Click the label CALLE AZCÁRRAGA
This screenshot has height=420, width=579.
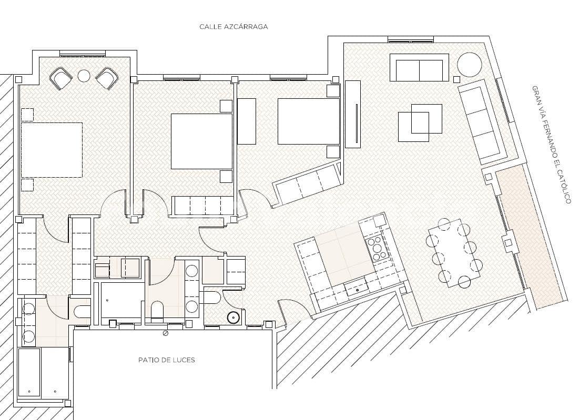point(233,26)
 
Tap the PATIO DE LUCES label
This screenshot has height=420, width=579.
point(167,360)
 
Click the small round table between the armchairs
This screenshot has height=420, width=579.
point(84,76)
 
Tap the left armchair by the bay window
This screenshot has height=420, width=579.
point(61,78)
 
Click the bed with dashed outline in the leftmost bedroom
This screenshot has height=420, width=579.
point(52,150)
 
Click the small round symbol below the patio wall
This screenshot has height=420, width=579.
point(166,333)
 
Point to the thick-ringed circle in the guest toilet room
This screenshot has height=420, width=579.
point(233,317)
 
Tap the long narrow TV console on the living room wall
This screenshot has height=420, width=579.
point(353,114)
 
